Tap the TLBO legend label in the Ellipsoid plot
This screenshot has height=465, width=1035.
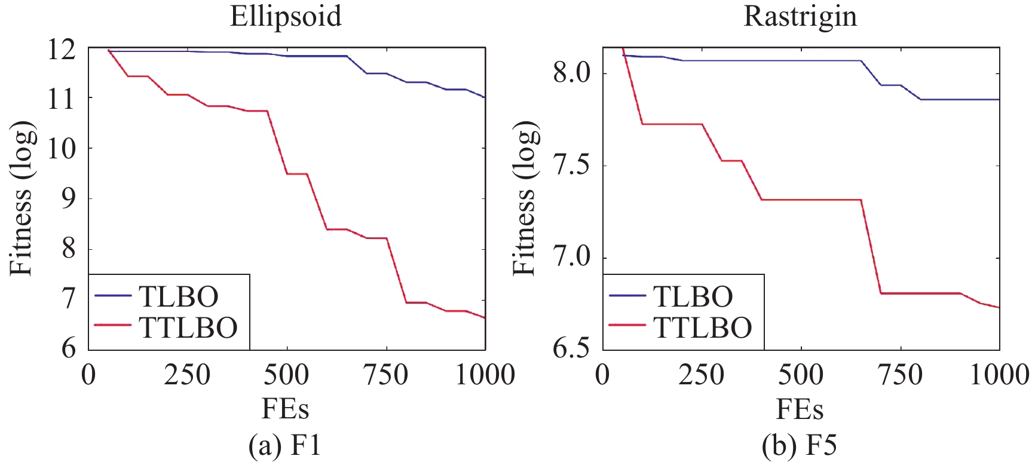point(178,296)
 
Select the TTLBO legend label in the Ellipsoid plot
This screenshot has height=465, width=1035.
point(188,327)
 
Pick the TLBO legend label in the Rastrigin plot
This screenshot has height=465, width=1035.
point(693,296)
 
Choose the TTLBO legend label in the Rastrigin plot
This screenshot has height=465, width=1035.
point(703,327)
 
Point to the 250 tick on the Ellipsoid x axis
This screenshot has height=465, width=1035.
point(188,375)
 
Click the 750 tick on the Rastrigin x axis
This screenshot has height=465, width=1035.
point(900,375)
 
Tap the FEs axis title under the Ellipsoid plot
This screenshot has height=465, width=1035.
point(286,410)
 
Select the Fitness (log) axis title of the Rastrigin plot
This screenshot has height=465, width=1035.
point(525,198)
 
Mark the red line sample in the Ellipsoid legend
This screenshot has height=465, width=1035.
point(112,326)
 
